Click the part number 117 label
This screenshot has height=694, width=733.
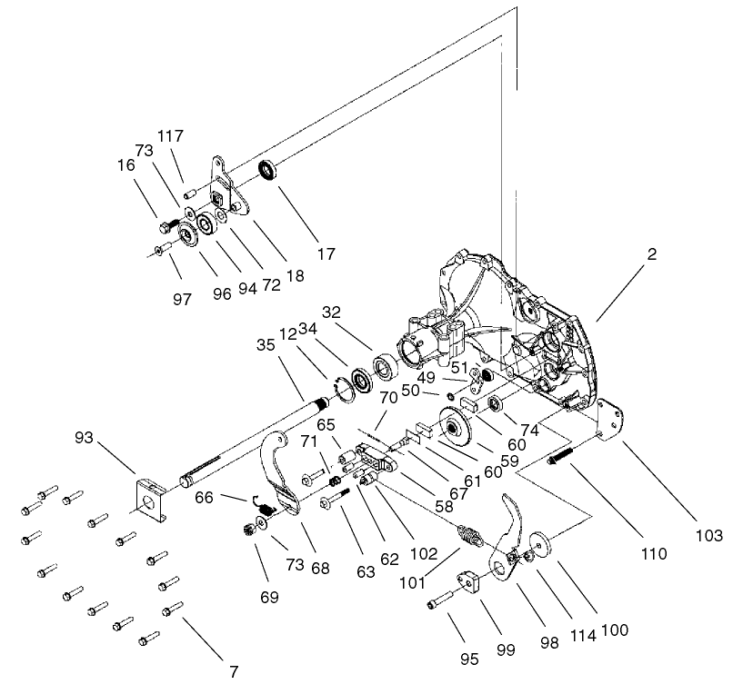click(x=170, y=136)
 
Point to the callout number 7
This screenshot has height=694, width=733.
click(x=234, y=671)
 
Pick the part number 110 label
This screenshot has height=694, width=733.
click(x=653, y=552)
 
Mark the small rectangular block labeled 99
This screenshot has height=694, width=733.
click(x=473, y=580)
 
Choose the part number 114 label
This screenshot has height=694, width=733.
click(x=583, y=635)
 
